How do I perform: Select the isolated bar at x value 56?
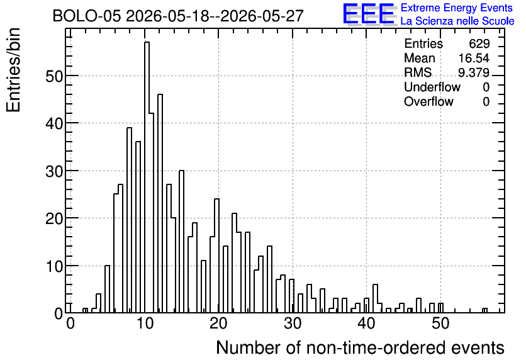tap(484, 310)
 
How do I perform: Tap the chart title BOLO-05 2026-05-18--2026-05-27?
tap(178, 16)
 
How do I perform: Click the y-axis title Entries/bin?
tap(13, 70)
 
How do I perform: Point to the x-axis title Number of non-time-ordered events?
tap(361, 347)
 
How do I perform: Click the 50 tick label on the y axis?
tap(54, 76)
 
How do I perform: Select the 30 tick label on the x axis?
tap(293, 323)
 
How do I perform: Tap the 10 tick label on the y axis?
tap(54, 266)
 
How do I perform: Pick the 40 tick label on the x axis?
tap(366, 323)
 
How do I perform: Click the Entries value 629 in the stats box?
tap(479, 43)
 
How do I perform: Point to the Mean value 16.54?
tap(474, 58)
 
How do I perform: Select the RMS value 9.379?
tap(474, 72)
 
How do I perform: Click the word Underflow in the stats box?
tap(432, 87)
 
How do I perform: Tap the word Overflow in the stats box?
tap(428, 101)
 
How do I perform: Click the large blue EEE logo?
tap(369, 14)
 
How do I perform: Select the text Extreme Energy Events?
tap(457, 8)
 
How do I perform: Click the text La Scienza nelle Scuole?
tap(457, 21)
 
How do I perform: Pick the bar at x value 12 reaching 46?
tap(160, 203)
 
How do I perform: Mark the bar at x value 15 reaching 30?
tap(181, 242)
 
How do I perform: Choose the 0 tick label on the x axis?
tap(70, 323)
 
